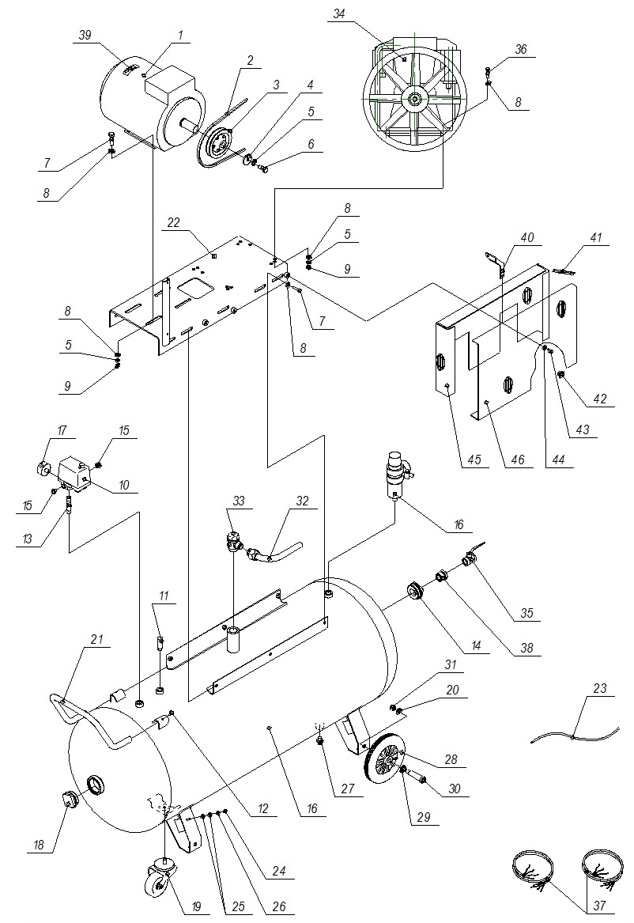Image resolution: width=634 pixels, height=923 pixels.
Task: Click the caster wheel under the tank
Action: [157, 879]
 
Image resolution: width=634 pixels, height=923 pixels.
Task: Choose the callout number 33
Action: [236, 501]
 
